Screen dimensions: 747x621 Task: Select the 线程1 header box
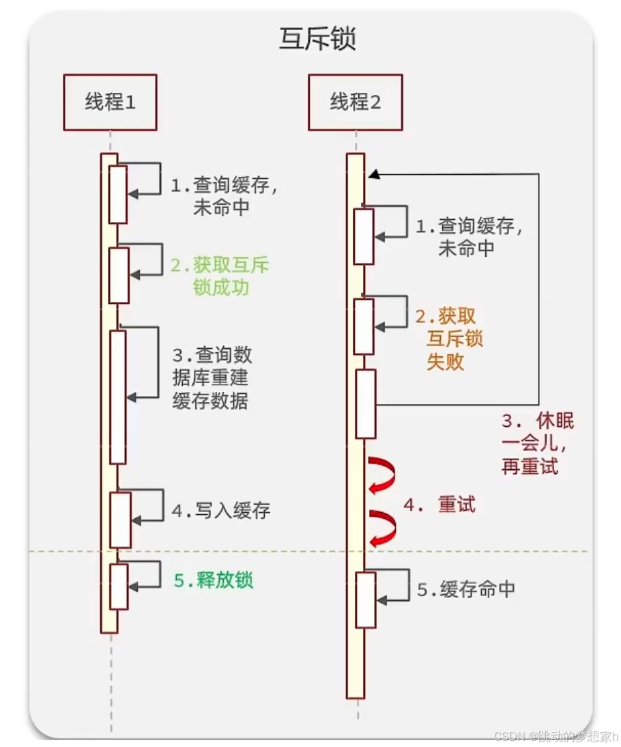110,102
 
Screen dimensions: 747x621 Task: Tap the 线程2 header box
356,102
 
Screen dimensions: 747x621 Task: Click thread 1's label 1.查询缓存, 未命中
224,196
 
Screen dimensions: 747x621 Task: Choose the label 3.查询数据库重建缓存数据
212,378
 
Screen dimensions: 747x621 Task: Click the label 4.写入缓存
221,510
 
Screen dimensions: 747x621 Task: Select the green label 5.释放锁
214,580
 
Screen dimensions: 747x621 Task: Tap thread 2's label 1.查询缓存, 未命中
470,236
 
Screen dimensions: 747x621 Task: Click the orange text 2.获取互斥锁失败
446,339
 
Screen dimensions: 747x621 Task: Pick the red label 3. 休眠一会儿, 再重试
538,444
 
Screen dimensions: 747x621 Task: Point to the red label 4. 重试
439,505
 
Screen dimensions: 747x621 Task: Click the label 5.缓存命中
466,589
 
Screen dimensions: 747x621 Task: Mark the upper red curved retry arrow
383,475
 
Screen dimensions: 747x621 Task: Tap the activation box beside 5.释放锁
119,586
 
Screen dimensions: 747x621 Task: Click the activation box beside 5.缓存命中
366,600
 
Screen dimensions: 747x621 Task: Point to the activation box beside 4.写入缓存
120,519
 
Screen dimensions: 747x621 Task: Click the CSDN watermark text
555,736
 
